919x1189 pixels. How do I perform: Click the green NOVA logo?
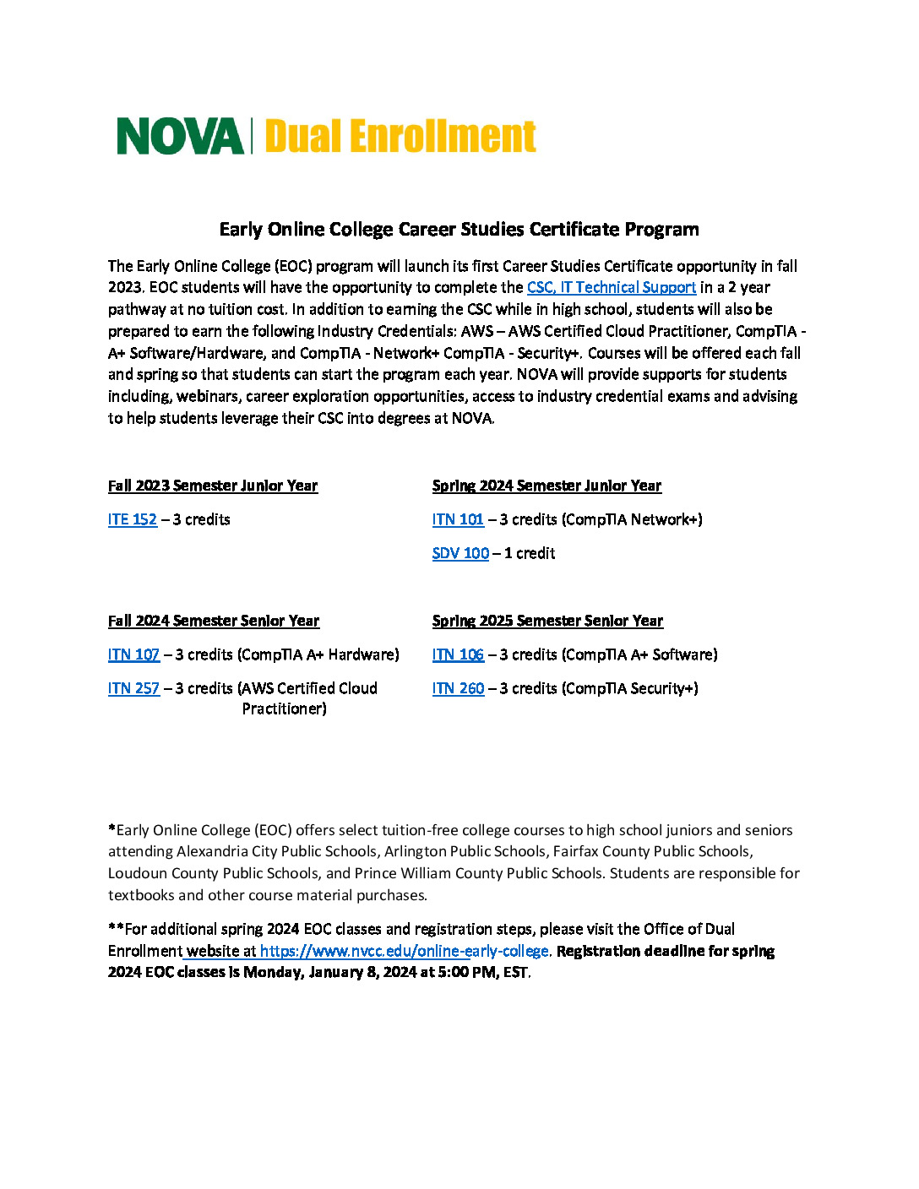point(179,137)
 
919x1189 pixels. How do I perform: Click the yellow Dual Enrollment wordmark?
point(400,137)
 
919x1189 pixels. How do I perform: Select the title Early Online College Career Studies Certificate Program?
point(459,230)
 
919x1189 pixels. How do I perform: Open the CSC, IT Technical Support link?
point(612,288)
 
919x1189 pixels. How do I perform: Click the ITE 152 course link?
point(133,520)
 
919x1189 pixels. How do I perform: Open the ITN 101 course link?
point(458,520)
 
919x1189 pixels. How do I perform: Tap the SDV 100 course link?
point(460,554)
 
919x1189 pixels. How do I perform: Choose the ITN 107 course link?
point(133,655)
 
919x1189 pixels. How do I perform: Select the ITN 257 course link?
point(133,689)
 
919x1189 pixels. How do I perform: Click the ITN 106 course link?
point(458,655)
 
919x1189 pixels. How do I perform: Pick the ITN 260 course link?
point(458,689)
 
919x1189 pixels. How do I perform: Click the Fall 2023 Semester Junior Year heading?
point(213,486)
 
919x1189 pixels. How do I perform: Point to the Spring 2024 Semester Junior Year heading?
point(547,486)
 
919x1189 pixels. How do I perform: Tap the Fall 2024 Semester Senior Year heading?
point(214,622)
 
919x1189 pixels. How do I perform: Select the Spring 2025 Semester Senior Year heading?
point(547,622)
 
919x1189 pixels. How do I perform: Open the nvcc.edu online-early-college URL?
point(404,952)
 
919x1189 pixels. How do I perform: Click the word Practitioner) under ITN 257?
point(284,709)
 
